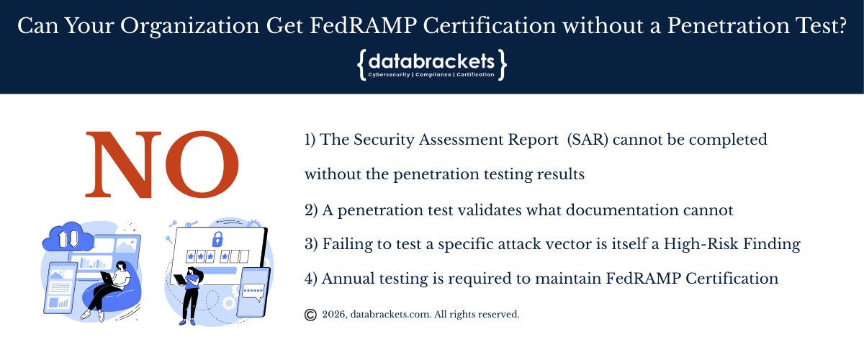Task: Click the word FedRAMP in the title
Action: [363, 26]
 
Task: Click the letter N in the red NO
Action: [123, 165]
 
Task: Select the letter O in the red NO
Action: [202, 164]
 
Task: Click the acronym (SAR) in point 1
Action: [588, 140]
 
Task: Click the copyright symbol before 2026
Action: [310, 315]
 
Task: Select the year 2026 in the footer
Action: [334, 315]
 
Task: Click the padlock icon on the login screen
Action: [217, 239]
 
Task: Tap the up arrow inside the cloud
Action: [63, 239]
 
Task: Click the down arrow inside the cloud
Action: [73, 240]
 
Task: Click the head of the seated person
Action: [121, 266]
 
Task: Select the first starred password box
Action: [191, 256]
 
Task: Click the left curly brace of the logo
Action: [361, 65]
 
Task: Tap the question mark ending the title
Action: [841, 26]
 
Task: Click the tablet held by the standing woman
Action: [180, 279]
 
